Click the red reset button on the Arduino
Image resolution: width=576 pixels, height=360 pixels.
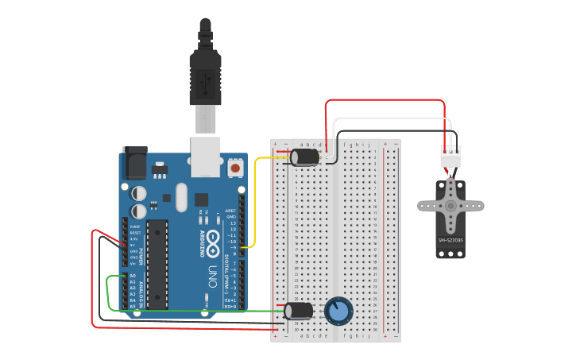pyautogui.click(x=234, y=168)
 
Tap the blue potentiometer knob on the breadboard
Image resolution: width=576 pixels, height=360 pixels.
pyautogui.click(x=337, y=311)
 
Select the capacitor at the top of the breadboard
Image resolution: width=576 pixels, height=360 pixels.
pyautogui.click(x=306, y=157)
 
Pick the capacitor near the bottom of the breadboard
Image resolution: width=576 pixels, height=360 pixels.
pyautogui.click(x=300, y=311)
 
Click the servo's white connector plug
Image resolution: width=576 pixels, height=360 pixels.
pyautogui.click(x=450, y=157)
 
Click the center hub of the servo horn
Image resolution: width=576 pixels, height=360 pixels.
pyautogui.click(x=450, y=206)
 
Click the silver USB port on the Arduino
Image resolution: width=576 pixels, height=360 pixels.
pyautogui.click(x=206, y=156)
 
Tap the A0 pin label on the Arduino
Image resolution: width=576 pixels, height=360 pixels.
pyautogui.click(x=133, y=276)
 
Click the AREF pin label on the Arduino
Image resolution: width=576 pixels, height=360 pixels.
pyautogui.click(x=230, y=211)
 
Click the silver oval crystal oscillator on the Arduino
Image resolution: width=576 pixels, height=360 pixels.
pyautogui.click(x=181, y=198)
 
